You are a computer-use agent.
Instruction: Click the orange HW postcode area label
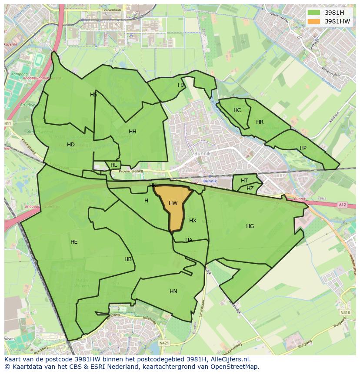point(173,203)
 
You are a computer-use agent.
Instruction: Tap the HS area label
point(93,95)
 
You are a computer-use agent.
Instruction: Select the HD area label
point(71,145)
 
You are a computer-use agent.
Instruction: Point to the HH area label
point(133,132)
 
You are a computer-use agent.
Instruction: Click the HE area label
point(74,242)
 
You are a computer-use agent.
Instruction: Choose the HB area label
point(128,259)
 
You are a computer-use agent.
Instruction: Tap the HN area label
point(173,291)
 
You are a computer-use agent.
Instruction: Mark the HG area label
point(250,226)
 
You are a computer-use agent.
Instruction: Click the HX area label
point(193,221)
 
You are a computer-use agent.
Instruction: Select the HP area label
point(303,148)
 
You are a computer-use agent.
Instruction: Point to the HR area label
point(260,122)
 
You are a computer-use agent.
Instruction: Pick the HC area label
point(237,110)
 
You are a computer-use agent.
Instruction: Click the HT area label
point(244,181)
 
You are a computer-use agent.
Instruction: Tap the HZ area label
point(250,189)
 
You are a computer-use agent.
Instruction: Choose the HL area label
point(114,165)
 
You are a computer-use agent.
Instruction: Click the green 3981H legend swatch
point(313,13)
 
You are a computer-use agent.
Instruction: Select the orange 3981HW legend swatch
point(313,21)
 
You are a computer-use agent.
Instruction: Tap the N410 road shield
point(345,313)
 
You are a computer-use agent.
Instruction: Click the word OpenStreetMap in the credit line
point(234,367)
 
